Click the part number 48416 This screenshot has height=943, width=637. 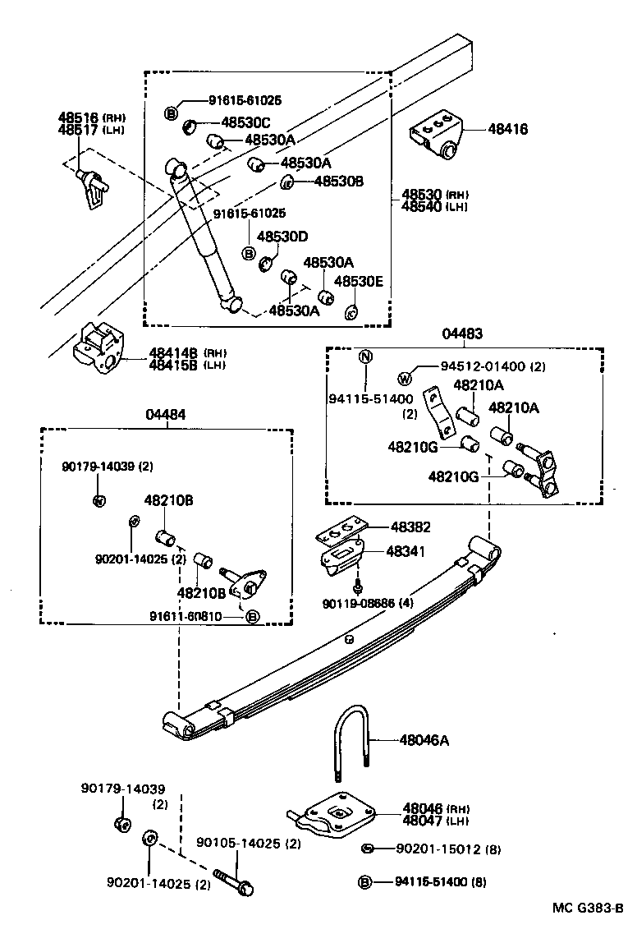[507, 129]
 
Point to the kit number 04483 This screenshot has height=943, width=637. [462, 333]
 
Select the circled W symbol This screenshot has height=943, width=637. [404, 379]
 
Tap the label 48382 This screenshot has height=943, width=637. [410, 527]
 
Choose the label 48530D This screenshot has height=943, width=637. [282, 237]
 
